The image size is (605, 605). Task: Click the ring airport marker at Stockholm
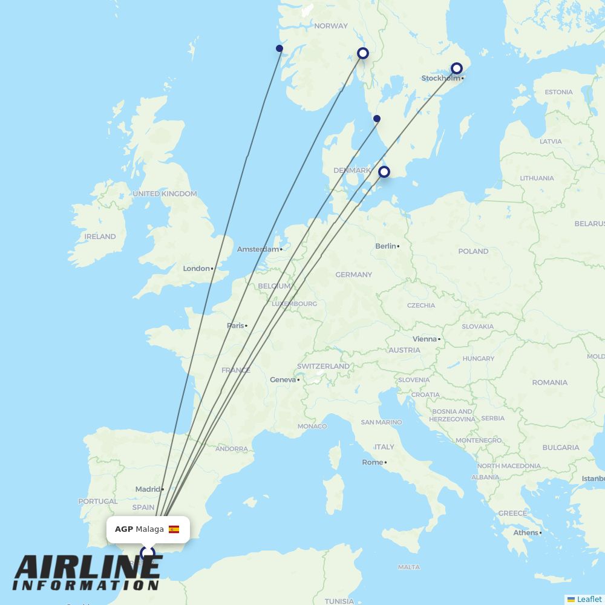457,68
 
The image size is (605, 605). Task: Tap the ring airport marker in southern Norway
363,53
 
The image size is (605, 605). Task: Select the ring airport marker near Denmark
384,172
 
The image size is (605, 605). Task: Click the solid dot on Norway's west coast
280,48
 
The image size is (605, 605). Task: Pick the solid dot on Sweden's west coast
377,119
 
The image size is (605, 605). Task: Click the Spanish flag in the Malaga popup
174,529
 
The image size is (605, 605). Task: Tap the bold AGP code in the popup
123,529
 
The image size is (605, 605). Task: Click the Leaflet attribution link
589,599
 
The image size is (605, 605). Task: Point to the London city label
196,269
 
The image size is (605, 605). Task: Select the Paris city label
235,325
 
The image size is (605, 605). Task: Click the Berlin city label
385,246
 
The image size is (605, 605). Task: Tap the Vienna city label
424,339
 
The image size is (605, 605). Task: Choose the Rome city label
373,462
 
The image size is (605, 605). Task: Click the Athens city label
525,532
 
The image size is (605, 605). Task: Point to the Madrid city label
148,489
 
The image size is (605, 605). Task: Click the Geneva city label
283,380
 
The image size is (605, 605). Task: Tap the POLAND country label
473,251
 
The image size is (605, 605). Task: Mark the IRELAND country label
100,237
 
